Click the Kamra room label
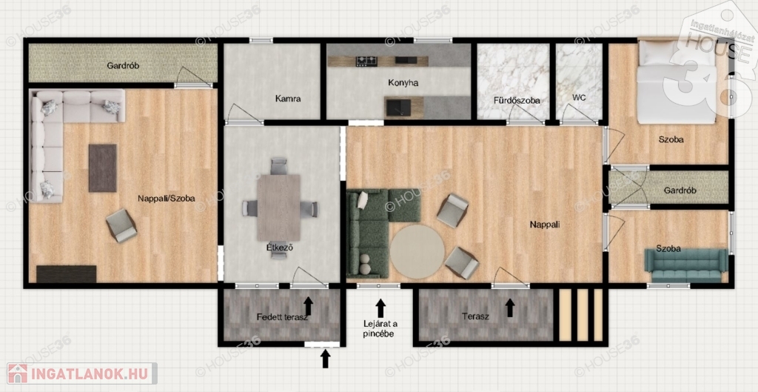pos(288,99)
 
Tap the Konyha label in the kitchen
pos(403,83)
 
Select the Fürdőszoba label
pos(517,101)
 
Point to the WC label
pos(579,97)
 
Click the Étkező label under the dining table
pos(280,248)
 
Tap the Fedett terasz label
pos(282,317)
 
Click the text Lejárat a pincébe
pos(380,328)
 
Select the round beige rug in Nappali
pos(417,251)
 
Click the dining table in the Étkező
pos(278,207)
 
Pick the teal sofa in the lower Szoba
pos(686,265)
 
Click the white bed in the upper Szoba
pos(676,82)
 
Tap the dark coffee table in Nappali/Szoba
pos(102,168)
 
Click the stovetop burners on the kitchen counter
pos(366,61)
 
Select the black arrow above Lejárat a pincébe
pos(381,308)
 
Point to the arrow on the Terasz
pos(510,308)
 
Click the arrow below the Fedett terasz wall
pos(326,359)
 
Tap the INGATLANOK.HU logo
pos(82,373)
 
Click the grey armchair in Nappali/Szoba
pos(121,225)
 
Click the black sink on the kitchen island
pos(398,107)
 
